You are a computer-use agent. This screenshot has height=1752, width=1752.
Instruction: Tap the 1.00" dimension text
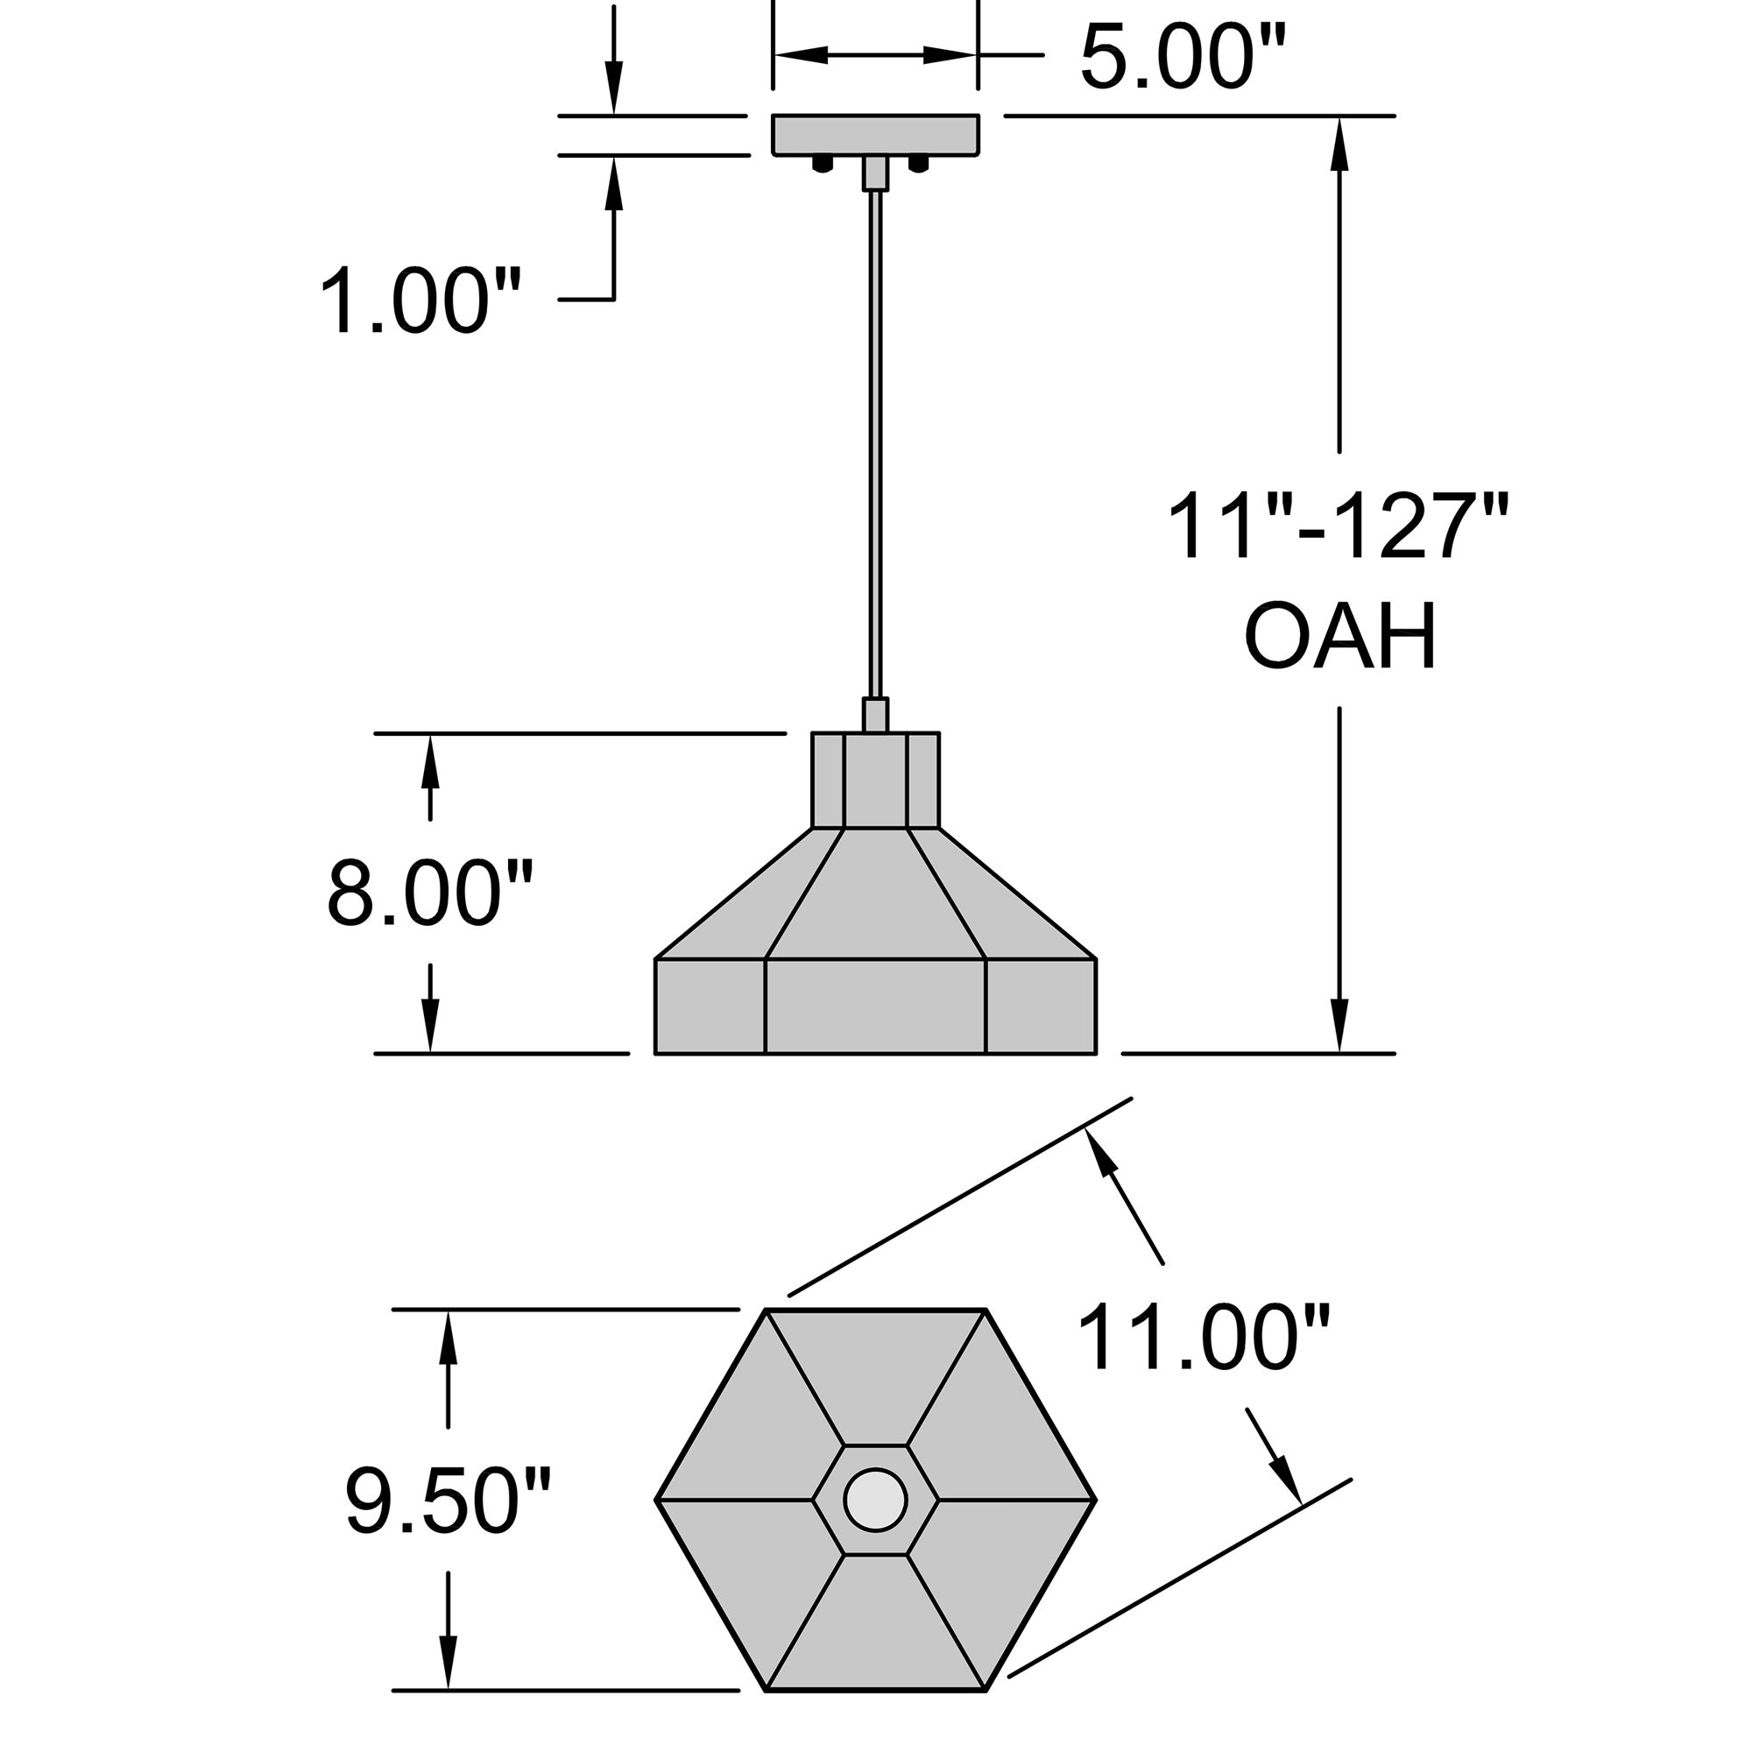point(420,300)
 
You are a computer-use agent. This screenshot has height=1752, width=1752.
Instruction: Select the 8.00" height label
point(429,894)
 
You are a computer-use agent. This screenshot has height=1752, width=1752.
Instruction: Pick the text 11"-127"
point(1337,529)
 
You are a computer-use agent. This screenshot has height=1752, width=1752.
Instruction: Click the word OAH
point(1339,637)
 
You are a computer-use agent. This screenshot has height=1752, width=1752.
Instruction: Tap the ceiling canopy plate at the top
point(875,134)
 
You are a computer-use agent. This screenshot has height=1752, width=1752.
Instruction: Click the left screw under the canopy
point(823,164)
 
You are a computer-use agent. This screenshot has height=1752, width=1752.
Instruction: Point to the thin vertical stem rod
point(875,435)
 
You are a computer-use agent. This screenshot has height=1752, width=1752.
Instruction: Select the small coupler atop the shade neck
point(875,715)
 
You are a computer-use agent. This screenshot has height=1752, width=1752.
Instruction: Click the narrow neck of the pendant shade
point(875,780)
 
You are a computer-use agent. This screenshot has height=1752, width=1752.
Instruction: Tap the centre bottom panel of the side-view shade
point(875,1006)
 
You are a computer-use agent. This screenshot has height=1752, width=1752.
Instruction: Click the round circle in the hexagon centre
point(875,1499)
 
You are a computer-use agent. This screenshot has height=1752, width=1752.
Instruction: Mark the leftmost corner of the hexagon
point(656,1500)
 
